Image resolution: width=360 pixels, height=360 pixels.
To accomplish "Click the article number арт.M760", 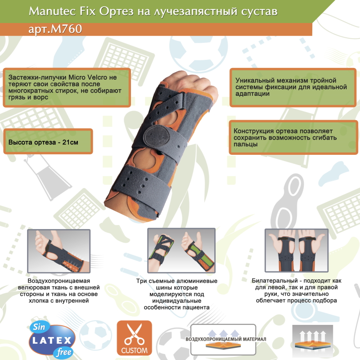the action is (55, 29).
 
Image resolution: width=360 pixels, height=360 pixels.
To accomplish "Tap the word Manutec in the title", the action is (53, 11).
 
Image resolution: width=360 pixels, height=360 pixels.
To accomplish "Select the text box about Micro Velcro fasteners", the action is (67, 87).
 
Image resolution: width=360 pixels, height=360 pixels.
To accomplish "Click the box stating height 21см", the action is (48, 141).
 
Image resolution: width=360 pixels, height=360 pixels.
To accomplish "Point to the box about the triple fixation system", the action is (293, 87).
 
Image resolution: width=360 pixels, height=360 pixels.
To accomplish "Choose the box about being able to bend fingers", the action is (293, 138).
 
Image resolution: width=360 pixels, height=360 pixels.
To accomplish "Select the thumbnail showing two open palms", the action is (297, 251).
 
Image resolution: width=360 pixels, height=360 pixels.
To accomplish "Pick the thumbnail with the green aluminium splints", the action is (181, 251).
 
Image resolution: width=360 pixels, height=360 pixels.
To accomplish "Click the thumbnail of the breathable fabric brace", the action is (59, 251).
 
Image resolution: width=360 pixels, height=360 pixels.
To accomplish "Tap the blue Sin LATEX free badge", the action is (52, 340).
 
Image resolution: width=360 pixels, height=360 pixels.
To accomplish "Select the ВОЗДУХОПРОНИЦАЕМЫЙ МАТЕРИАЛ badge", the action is (223, 339).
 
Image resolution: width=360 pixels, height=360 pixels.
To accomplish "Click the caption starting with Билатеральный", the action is (297, 290).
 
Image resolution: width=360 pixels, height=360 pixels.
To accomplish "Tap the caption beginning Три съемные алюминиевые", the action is (177, 294).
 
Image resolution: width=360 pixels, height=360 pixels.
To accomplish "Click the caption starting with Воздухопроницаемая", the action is (59, 291).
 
